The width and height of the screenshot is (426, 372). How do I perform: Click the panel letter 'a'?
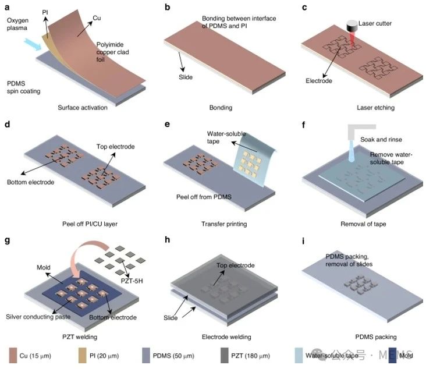point(8,7)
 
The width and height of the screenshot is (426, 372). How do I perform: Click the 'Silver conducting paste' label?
point(37,317)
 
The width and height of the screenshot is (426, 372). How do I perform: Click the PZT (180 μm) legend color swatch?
point(225,355)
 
